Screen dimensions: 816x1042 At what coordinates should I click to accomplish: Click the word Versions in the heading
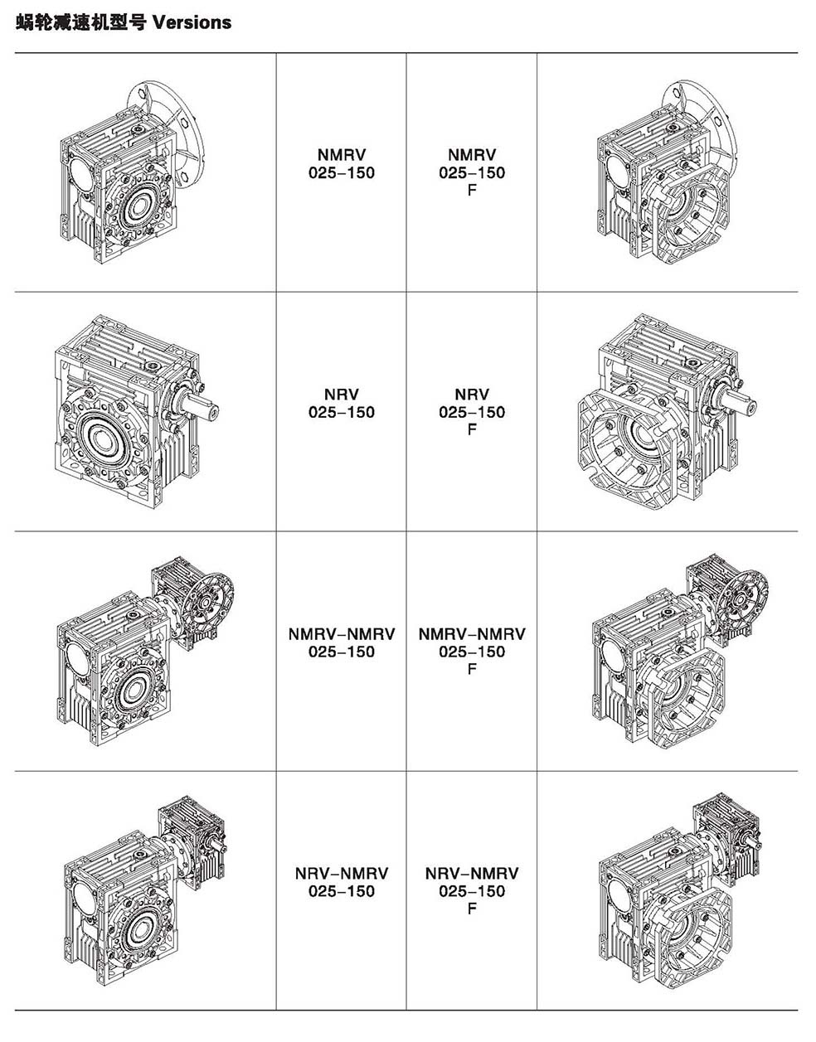192,22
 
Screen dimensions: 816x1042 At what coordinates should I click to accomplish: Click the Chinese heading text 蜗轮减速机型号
80,22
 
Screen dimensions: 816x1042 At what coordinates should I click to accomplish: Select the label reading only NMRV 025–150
342,163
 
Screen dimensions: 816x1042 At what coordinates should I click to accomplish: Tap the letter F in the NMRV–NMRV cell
472,668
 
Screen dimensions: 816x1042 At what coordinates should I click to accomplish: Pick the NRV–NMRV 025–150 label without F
342,882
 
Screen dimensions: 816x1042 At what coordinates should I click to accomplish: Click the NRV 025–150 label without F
342,403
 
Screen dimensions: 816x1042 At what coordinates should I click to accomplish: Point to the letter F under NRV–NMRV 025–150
472,909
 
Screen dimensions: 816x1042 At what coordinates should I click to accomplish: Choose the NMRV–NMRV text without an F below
342,643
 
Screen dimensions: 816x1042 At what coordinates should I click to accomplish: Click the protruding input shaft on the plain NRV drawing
202,406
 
